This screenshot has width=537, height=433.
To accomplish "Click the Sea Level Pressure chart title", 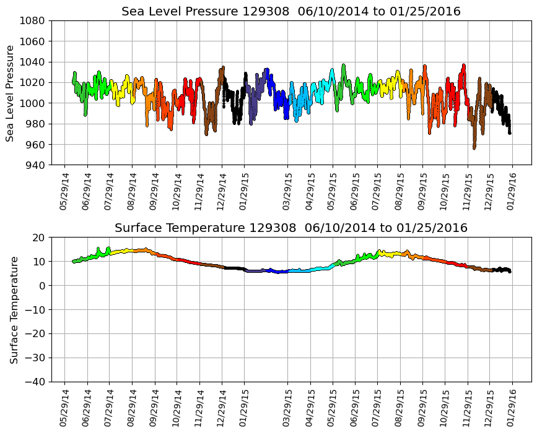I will click(x=291, y=12).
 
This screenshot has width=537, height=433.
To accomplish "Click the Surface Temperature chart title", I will click(x=291, y=228).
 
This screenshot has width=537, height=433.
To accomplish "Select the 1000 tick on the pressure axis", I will click(x=32, y=103).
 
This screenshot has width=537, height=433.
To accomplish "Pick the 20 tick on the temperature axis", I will click(x=39, y=238).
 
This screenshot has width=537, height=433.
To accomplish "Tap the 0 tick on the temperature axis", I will click(x=41, y=286).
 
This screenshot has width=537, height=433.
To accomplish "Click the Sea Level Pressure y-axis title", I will click(x=10, y=93).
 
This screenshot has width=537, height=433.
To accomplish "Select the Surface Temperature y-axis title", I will click(x=14, y=309).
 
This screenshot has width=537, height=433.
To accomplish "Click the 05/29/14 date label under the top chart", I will click(x=64, y=191).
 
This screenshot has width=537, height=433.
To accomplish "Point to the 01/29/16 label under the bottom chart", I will click(x=511, y=407).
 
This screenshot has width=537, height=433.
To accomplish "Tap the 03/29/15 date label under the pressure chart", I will click(x=287, y=191).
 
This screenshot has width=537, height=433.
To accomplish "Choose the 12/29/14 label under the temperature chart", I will click(x=221, y=407).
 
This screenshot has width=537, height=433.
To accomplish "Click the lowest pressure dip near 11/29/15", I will click(x=474, y=148).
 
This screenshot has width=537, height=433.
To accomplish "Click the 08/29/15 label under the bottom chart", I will click(x=399, y=407).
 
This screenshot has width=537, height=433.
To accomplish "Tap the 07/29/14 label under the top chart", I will click(x=109, y=191).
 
